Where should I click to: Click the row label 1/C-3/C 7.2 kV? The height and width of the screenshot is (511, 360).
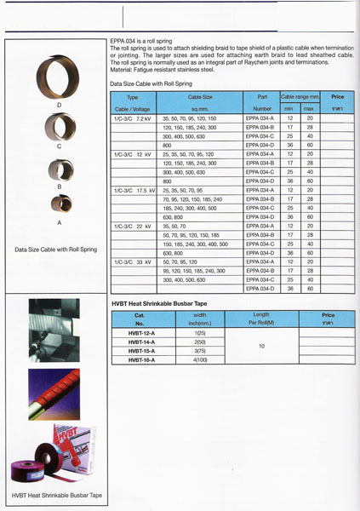coord(131,118)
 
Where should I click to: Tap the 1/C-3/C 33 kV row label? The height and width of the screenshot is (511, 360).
coord(131,262)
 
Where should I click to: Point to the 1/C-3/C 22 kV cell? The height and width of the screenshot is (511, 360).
coord(131,227)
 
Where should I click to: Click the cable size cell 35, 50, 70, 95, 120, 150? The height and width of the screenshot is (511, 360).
coord(194,118)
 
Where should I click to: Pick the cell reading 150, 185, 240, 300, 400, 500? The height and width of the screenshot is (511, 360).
coord(196,244)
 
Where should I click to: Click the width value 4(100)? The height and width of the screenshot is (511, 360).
coord(201,359)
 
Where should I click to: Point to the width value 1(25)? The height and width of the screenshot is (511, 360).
coord(201,332)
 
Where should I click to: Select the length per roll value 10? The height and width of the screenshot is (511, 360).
coord(261,346)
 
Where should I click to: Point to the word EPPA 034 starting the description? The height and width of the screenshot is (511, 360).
coord(126,43)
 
